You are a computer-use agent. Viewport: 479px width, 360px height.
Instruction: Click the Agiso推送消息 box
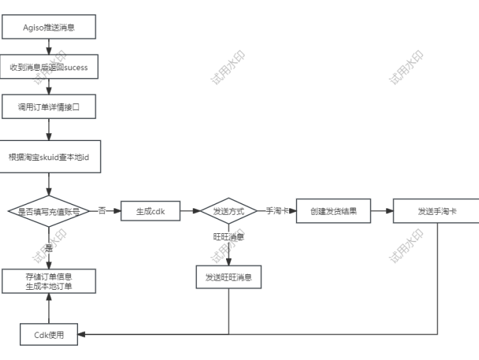coord(48,28)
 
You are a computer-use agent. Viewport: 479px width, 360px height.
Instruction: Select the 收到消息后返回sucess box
coord(48,67)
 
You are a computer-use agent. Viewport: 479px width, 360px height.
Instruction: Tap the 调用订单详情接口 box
coord(48,107)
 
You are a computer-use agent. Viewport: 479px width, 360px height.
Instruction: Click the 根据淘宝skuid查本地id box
coord(48,156)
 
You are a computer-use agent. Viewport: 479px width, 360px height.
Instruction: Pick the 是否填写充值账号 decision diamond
coord(48,211)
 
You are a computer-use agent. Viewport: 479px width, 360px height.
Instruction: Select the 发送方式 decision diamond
coord(228,211)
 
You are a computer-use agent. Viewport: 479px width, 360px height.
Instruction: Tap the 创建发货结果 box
coord(331,211)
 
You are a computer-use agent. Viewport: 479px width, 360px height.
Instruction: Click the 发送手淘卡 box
coord(436,211)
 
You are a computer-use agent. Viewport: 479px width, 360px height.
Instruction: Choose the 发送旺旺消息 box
coord(228,277)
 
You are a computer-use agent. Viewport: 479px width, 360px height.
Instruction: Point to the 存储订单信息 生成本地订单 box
coord(48,281)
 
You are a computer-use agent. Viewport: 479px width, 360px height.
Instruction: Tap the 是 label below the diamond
coord(48,249)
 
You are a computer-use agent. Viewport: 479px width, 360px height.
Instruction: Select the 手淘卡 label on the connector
coord(276,211)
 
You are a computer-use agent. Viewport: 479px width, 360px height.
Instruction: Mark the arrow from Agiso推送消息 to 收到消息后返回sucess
coord(48,47)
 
